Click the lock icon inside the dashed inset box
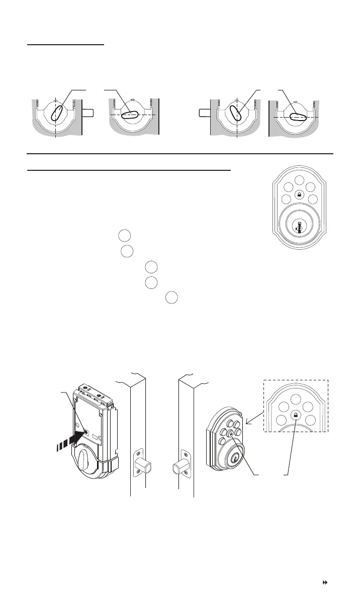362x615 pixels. (x=296, y=416)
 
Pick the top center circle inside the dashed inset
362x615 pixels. (x=296, y=399)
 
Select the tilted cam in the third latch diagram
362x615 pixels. (x=236, y=113)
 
